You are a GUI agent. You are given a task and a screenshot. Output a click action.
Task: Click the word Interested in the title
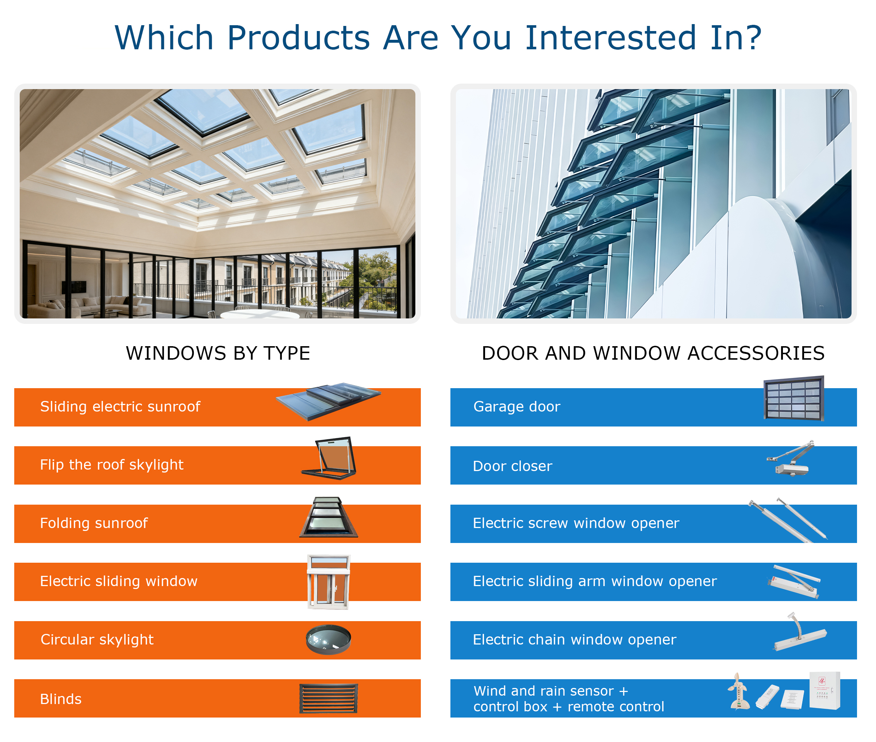pos(610,38)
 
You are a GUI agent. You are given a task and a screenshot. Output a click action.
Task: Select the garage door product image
pos(794,398)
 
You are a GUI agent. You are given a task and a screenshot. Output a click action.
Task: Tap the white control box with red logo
pos(825,690)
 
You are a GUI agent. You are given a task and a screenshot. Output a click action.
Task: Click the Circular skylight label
pos(97,640)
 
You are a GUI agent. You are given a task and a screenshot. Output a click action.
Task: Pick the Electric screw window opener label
pos(576,523)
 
